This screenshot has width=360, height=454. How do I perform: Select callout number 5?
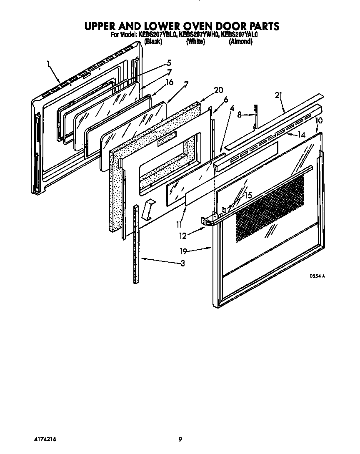coord(169,63)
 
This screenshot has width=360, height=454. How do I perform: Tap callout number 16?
coord(169,82)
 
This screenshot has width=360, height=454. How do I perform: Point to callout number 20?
coord(218,90)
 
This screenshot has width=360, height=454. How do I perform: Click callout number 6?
coord(226,99)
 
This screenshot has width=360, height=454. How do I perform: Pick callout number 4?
coord(232,109)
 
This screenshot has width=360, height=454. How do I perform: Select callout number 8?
coord(239,114)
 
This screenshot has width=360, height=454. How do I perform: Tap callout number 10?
coord(319,120)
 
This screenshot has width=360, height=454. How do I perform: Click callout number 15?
coord(248,195)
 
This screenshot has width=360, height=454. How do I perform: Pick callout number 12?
coord(183,236)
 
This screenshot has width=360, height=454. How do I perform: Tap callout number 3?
coord(182,263)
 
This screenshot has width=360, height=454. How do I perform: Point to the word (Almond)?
coord(240,42)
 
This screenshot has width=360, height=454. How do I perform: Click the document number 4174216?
coord(43,439)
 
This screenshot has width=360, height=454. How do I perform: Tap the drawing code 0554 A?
coord(317,276)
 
